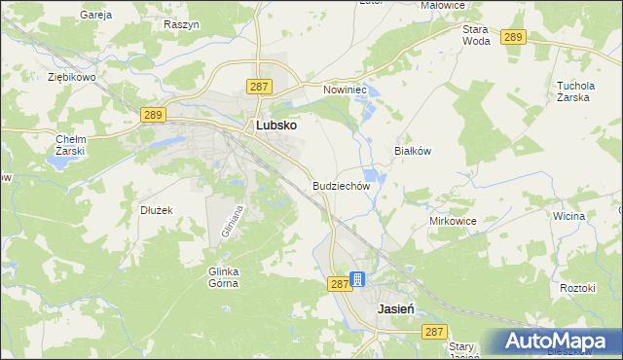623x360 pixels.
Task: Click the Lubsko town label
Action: click(275, 126)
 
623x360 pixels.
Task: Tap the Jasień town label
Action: click(396, 306)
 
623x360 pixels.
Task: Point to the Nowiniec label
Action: click(343, 89)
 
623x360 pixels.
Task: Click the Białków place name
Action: click(412, 151)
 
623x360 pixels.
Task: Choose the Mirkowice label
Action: click(452, 221)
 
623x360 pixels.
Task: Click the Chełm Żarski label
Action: click(71, 145)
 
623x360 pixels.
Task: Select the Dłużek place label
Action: click(156, 209)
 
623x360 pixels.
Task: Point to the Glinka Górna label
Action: click(223, 277)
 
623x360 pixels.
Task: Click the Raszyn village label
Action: click(181, 23)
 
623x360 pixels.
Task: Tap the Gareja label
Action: click(96, 16)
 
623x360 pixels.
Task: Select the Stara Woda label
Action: click(476, 36)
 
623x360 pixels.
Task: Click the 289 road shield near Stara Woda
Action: click(514, 37)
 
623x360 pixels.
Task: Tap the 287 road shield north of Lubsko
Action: click(258, 87)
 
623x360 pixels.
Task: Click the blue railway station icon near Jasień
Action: click(357, 280)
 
